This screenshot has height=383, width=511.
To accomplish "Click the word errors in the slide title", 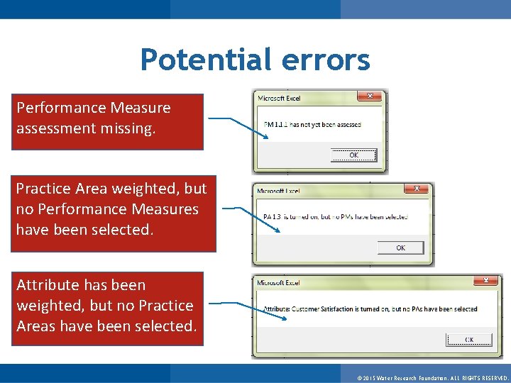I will (x=326, y=60).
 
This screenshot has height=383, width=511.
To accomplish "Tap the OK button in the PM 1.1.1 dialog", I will (x=353, y=155).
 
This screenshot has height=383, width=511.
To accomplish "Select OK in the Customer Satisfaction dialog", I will (x=469, y=340).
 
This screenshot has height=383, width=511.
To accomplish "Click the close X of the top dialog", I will (x=370, y=96).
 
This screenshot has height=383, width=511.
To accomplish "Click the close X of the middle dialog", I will (x=417, y=189).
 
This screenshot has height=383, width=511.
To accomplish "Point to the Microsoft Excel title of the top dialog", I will (x=279, y=99).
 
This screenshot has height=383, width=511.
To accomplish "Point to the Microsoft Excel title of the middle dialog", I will (x=278, y=191).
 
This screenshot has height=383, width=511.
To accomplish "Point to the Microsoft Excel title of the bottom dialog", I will (x=278, y=283).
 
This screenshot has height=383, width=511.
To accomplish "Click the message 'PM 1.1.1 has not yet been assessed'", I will (x=312, y=125).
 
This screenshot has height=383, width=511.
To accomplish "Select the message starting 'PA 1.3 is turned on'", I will (x=335, y=217).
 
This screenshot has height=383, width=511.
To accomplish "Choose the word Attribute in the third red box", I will (x=48, y=285).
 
